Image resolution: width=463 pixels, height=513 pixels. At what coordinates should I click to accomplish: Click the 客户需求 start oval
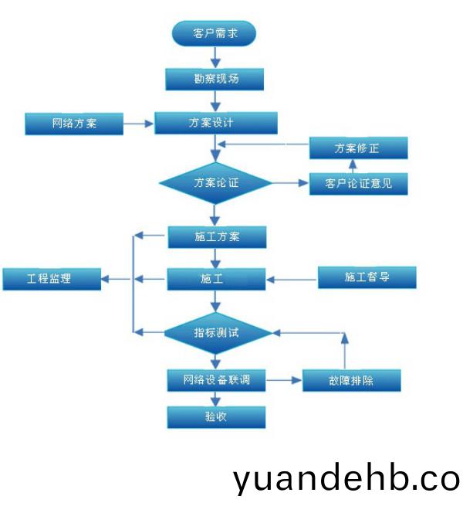[213, 33]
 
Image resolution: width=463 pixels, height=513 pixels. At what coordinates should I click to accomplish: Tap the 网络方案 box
[74, 123]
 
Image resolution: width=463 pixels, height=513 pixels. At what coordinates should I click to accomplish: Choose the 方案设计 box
[215, 123]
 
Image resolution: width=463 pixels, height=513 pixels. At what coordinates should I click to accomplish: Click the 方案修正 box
[357, 148]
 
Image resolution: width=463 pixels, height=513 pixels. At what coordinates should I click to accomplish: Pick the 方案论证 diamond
[216, 183]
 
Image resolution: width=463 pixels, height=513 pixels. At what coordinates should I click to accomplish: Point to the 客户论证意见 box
[357, 183]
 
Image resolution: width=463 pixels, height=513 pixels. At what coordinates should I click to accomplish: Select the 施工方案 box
[217, 237]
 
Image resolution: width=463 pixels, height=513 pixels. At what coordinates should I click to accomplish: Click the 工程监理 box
[52, 278]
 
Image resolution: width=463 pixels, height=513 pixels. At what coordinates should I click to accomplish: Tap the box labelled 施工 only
[216, 278]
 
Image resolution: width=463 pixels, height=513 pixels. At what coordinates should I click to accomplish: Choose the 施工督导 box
[367, 277]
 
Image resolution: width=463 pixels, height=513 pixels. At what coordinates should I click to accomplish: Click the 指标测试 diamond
[217, 332]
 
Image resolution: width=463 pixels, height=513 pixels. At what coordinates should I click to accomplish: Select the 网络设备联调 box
[217, 380]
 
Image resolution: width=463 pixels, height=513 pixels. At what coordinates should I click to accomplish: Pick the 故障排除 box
[352, 380]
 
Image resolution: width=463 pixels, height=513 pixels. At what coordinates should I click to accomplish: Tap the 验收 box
[217, 417]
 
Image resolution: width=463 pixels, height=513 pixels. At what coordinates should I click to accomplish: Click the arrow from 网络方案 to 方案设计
[138, 123]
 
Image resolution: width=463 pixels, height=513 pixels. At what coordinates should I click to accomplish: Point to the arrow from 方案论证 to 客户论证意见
[290, 183]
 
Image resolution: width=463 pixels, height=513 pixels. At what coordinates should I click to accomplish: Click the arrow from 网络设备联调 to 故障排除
[284, 380]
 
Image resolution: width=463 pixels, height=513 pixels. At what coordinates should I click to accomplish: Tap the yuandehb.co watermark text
[346, 479]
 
